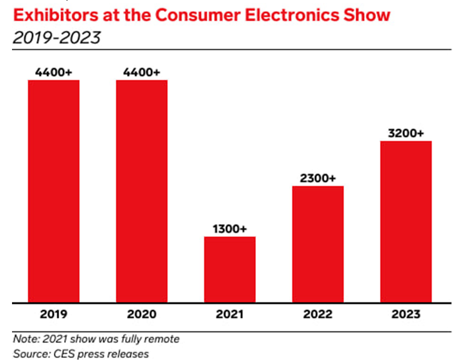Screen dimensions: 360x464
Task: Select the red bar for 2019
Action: click(x=53, y=192)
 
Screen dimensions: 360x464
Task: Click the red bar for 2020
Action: click(x=142, y=192)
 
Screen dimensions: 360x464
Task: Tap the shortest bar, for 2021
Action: click(x=230, y=270)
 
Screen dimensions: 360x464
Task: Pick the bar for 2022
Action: click(x=317, y=244)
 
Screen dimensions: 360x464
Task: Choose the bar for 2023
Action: click(x=406, y=222)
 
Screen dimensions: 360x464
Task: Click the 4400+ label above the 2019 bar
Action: click(x=53, y=72)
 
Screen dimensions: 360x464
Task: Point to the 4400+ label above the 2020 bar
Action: click(x=142, y=72)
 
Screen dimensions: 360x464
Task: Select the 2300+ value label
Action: click(x=317, y=178)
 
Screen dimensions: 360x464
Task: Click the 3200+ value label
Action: click(x=406, y=133)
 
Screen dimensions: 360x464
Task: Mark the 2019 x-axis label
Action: click(x=53, y=314)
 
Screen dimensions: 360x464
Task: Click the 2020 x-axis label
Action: click(x=142, y=314)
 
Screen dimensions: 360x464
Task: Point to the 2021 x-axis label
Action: click(x=230, y=314)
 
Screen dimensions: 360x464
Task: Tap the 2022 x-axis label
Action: click(x=317, y=314)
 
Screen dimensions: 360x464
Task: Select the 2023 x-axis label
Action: click(x=406, y=314)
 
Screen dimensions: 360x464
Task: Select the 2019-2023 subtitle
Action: click(x=57, y=38)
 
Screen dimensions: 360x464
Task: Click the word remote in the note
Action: click(x=162, y=339)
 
